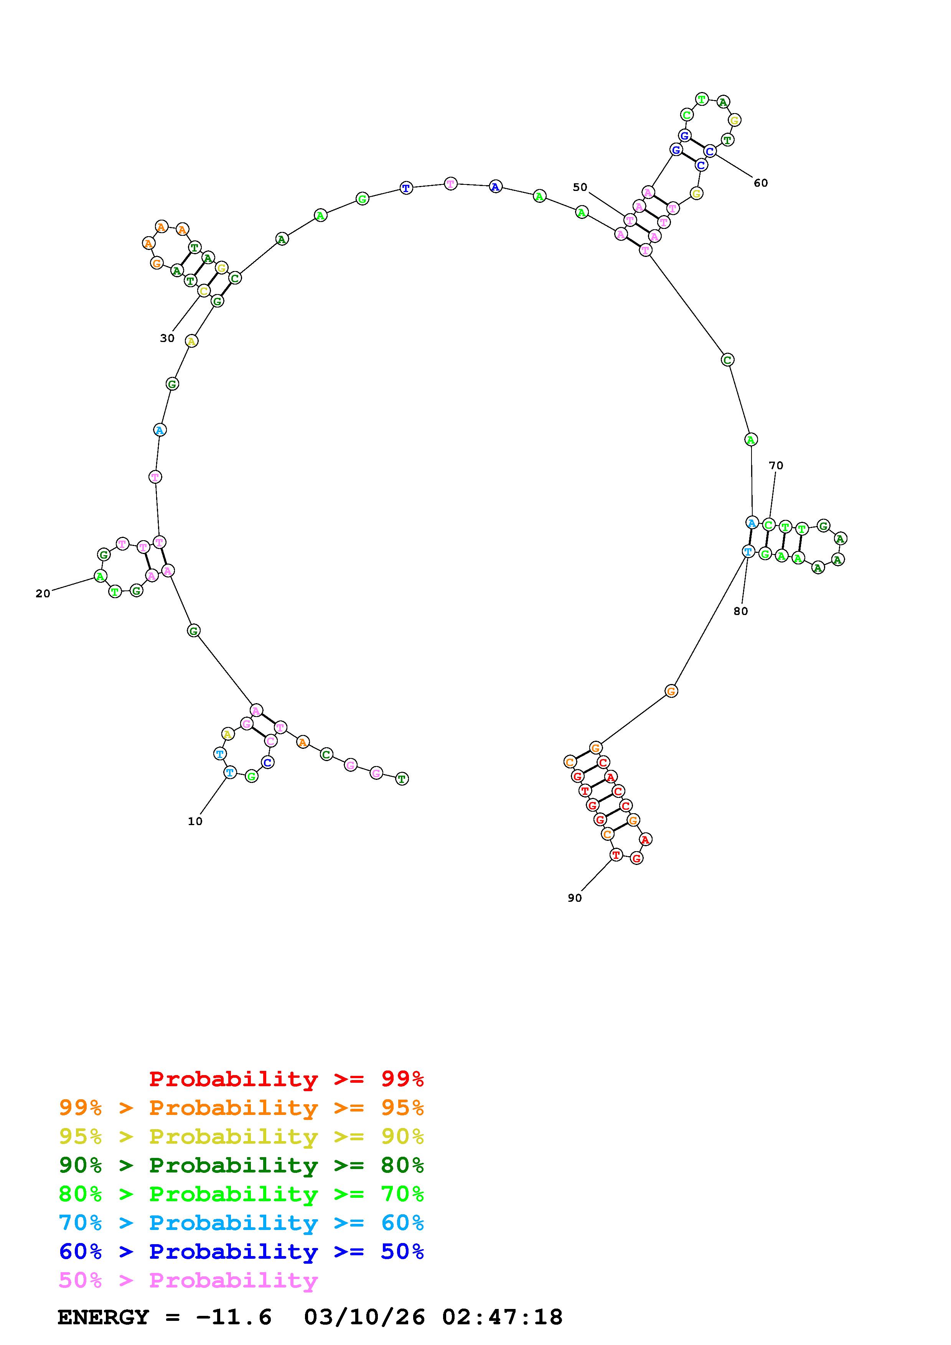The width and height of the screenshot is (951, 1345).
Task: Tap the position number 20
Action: point(43,594)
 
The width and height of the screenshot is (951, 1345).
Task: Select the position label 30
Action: point(167,339)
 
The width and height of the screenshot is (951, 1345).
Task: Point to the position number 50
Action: point(580,187)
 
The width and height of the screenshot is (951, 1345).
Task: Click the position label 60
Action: point(761,183)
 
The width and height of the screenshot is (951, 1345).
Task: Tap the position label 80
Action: point(741,612)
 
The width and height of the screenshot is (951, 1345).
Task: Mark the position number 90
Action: point(575,898)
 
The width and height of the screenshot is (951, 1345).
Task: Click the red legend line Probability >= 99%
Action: point(287,1079)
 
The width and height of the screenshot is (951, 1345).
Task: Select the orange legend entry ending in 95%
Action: point(241,1108)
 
